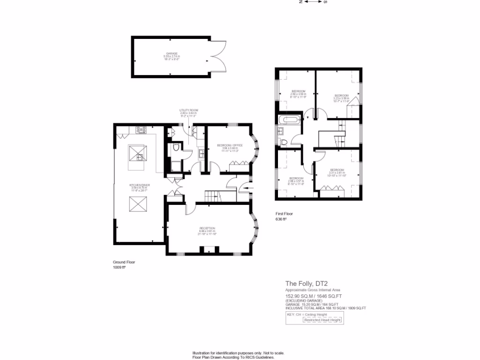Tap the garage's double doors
[x=217, y=56]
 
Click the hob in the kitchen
[x=141, y=130]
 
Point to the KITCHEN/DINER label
[x=139, y=187]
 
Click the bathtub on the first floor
[x=287, y=120]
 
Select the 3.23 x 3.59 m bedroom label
[x=341, y=97]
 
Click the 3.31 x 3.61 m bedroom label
[x=337, y=172]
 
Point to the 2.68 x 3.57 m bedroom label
[x=296, y=180]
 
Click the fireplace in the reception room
[x=206, y=250]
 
